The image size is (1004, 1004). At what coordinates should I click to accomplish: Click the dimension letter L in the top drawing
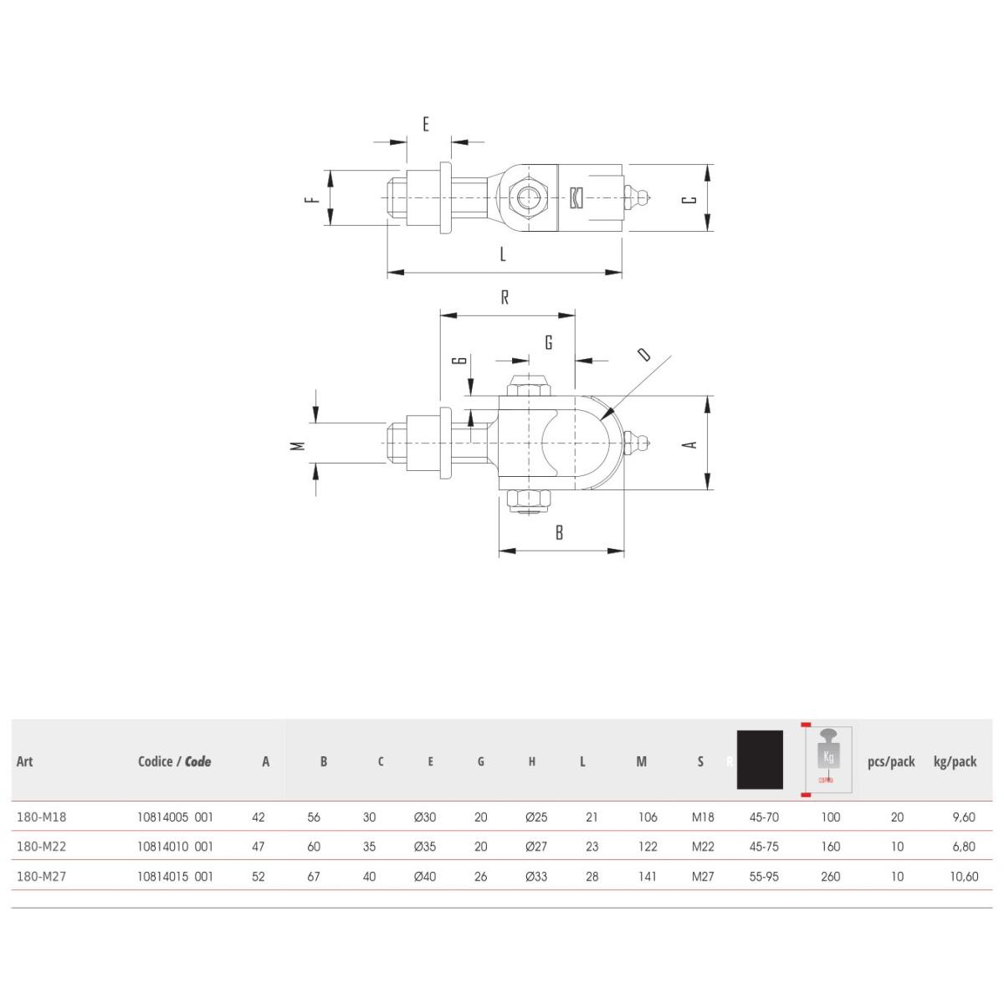pyautogui.click(x=503, y=254)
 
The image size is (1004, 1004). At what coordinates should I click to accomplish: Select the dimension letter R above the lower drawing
pyautogui.click(x=505, y=298)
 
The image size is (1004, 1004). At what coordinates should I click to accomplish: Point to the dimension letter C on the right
pyautogui.click(x=689, y=199)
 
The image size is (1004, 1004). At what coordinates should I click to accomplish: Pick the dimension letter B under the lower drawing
pyautogui.click(x=560, y=532)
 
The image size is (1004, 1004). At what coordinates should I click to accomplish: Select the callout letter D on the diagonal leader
pyautogui.click(x=643, y=354)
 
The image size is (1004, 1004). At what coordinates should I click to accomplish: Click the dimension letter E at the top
pyautogui.click(x=426, y=125)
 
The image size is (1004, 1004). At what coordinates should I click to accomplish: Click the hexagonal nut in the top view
pyautogui.click(x=528, y=198)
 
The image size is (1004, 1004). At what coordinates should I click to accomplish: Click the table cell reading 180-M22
pyautogui.click(x=41, y=846)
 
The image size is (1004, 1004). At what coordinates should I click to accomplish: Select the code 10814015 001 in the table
pyautogui.click(x=175, y=876)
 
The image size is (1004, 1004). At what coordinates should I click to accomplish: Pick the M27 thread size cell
pyautogui.click(x=703, y=876)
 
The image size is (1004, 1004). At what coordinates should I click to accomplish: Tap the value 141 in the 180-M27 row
pyautogui.click(x=647, y=876)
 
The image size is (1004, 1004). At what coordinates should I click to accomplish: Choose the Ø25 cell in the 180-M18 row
pyautogui.click(x=535, y=817)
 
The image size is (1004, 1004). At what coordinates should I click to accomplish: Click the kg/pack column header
pyautogui.click(x=955, y=761)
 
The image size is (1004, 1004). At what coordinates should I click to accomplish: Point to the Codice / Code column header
pyautogui.click(x=174, y=761)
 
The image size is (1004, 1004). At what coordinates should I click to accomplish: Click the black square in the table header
pyautogui.click(x=760, y=760)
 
